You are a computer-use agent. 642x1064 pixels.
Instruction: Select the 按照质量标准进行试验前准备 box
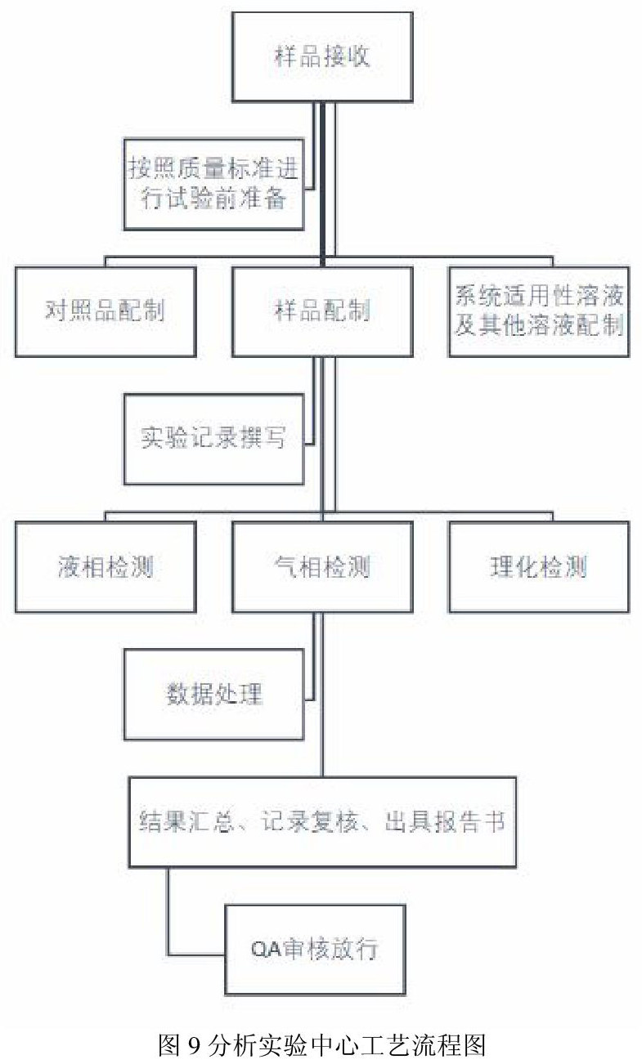click(214, 184)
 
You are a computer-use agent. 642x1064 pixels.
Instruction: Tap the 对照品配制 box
click(106, 311)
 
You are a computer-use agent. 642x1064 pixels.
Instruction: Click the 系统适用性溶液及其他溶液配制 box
click(539, 311)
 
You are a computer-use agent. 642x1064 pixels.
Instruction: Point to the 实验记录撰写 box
click(214, 439)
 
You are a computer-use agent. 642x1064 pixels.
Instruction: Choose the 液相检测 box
click(106, 566)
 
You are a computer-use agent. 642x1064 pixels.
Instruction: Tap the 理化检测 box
click(539, 566)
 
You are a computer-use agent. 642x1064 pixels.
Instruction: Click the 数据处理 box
click(214, 694)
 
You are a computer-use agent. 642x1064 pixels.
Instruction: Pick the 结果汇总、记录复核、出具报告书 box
click(322, 821)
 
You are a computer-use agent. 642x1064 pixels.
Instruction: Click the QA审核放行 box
click(315, 949)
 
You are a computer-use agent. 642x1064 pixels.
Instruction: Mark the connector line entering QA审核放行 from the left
click(196, 954)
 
